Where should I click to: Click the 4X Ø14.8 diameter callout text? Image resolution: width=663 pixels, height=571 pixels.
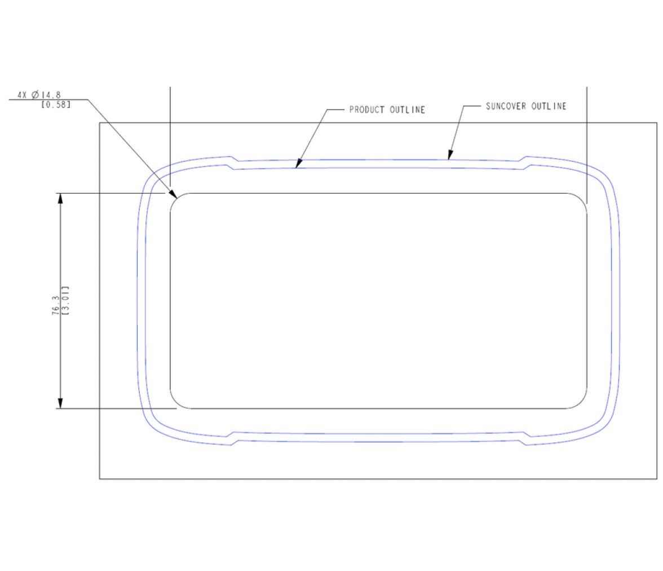tap(39, 95)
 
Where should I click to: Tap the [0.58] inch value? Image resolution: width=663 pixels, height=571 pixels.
tap(56, 104)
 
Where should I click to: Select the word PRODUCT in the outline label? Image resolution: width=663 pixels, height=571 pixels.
tap(367, 109)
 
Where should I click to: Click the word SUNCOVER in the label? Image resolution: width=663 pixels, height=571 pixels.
tap(506, 106)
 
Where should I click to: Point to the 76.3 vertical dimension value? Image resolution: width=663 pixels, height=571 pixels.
tap(56, 305)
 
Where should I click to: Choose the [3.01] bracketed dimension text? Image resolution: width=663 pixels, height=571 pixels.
tap(66, 301)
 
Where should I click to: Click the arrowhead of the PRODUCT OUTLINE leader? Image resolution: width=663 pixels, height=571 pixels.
tap(298, 164)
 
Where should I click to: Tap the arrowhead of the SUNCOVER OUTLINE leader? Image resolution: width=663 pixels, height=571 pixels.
tap(450, 155)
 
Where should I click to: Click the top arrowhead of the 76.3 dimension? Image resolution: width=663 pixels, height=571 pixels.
tap(60, 198)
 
